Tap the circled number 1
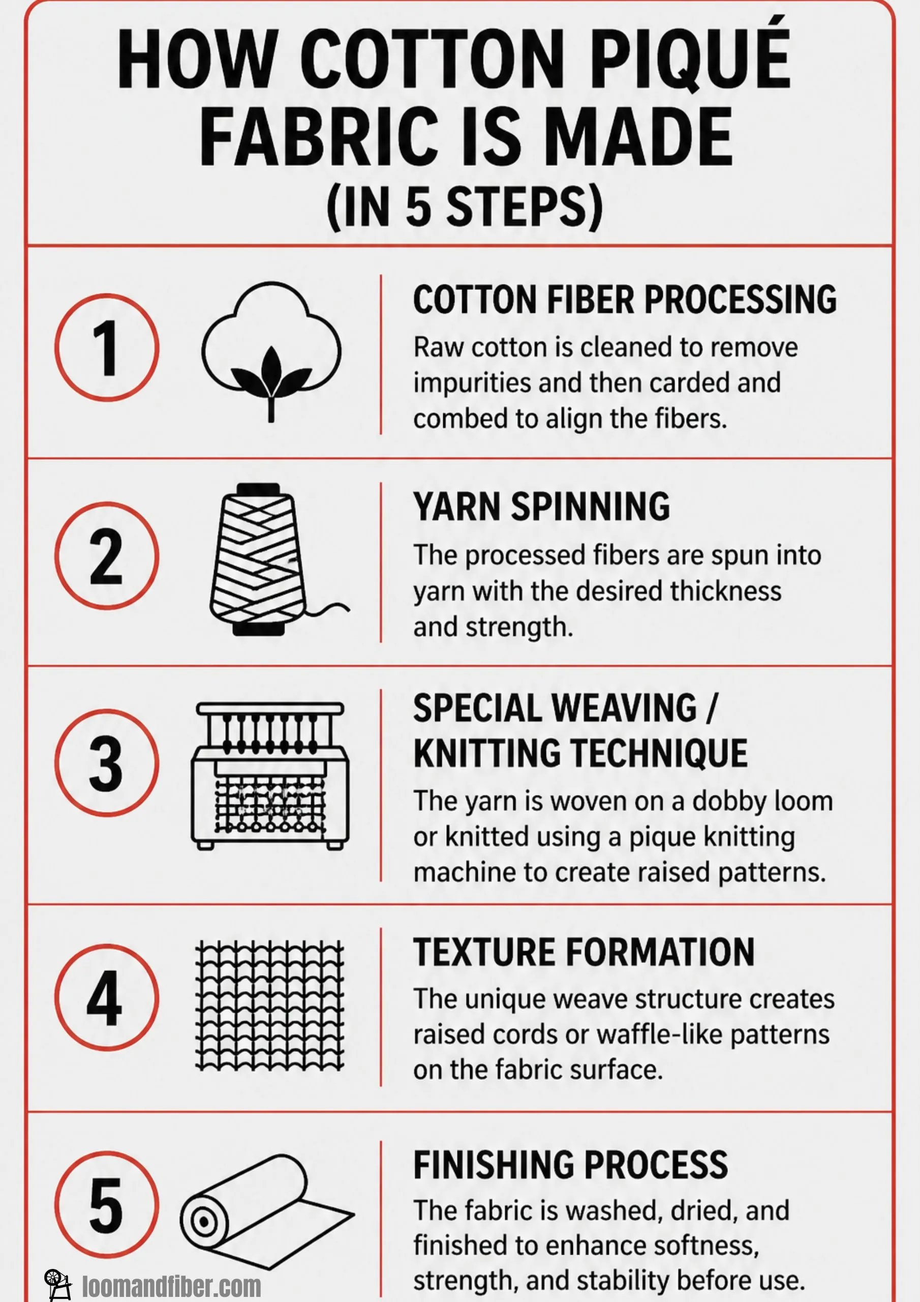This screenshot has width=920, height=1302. pos(107,347)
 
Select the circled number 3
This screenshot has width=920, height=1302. pos(107,763)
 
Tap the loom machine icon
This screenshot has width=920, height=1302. pos(270,775)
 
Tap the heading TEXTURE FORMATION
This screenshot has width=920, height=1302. pos(584,952)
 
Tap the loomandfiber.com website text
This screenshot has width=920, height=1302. pos(172,1286)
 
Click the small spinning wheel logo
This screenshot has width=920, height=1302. pos(57,1284)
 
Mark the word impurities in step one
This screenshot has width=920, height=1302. pos(472,383)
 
